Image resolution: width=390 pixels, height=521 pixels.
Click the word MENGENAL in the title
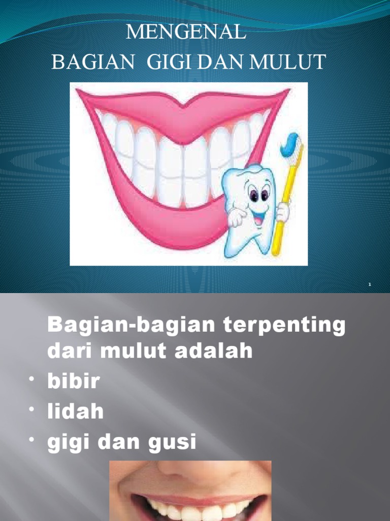coord(186,33)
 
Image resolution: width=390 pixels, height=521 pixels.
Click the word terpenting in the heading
coord(285,326)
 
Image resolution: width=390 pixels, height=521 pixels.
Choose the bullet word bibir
coord(73,382)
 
